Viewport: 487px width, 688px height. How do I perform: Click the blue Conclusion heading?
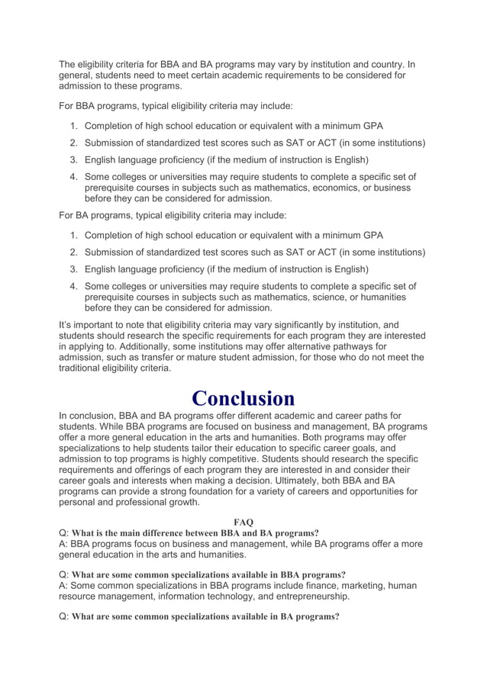[x=243, y=398]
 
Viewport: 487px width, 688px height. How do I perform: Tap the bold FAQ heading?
[x=243, y=522]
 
